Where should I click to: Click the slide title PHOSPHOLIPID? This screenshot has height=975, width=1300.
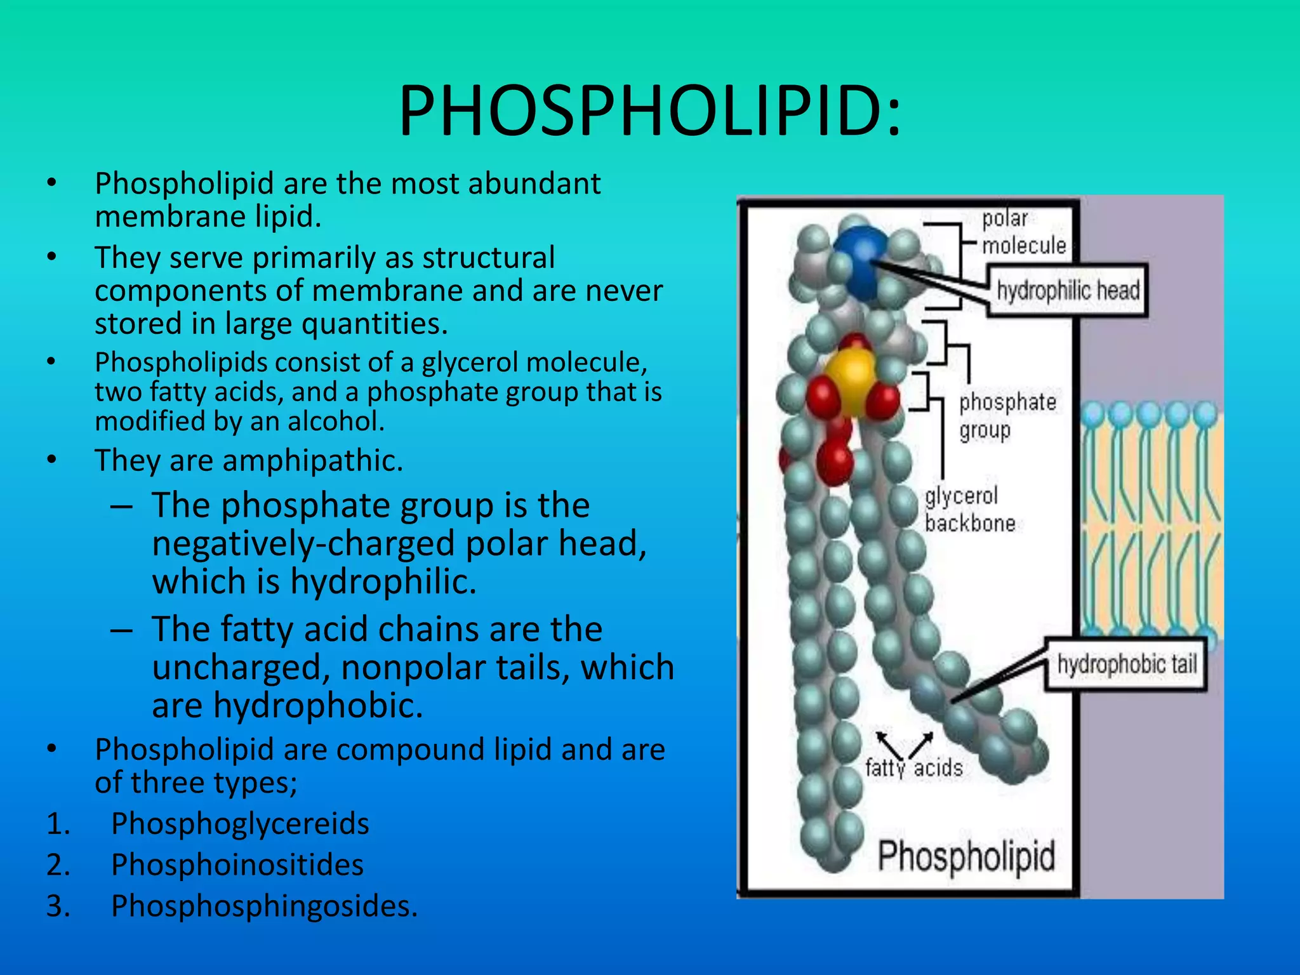coord(649,112)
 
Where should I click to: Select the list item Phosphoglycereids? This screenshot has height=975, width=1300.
coord(240,824)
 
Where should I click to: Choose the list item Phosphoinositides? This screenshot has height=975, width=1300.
coord(237,865)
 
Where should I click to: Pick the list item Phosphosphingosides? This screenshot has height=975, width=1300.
coord(264,906)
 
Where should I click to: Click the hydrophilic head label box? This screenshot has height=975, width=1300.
coord(1068,291)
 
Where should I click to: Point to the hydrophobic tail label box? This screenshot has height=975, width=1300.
coord(1126,665)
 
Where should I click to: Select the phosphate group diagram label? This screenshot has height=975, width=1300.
coord(1007,416)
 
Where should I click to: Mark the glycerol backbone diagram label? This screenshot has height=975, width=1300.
coord(969,509)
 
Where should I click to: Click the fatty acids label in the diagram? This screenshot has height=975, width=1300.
coord(913,768)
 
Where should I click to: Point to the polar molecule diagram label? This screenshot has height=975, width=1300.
coord(1023,232)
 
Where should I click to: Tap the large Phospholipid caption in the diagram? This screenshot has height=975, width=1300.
coord(965,856)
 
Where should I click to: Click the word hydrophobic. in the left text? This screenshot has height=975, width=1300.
coord(318,706)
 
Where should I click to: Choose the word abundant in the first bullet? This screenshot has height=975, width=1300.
coord(533,184)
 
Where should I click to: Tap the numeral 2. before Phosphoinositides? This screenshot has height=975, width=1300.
coord(58,865)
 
